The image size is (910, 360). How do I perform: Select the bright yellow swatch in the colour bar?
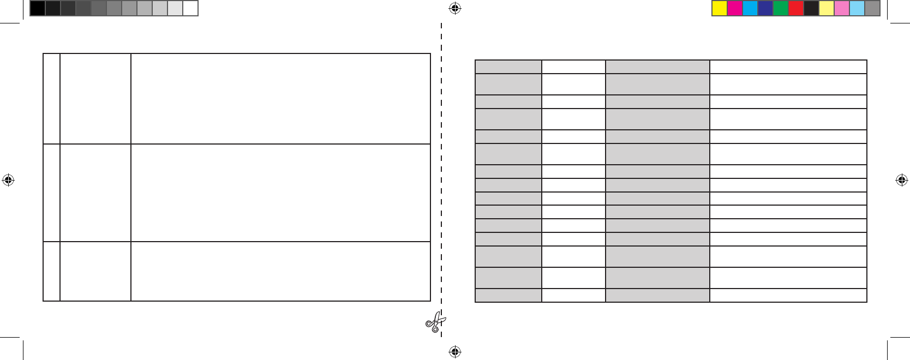720,8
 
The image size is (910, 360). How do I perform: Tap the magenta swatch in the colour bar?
735,8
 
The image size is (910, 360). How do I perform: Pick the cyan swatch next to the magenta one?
750,8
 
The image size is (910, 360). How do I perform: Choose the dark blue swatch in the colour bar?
765,8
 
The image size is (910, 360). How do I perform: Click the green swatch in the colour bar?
781,8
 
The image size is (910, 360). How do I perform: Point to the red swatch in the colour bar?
796,8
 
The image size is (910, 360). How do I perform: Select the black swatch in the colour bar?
811,8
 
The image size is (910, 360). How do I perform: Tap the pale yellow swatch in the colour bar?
827,8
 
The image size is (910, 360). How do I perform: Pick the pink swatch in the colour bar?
842,8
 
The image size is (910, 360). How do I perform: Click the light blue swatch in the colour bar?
857,8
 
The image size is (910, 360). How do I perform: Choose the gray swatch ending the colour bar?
872,8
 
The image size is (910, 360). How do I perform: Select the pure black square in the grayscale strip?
38,8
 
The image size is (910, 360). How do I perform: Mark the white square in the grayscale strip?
190,8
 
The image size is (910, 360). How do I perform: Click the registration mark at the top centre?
455,8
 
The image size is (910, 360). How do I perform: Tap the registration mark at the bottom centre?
455,352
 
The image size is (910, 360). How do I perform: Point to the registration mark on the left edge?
8,180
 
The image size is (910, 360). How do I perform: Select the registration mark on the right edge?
902,180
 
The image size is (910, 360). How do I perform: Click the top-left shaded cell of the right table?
508,67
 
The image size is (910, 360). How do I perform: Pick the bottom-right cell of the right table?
788,295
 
